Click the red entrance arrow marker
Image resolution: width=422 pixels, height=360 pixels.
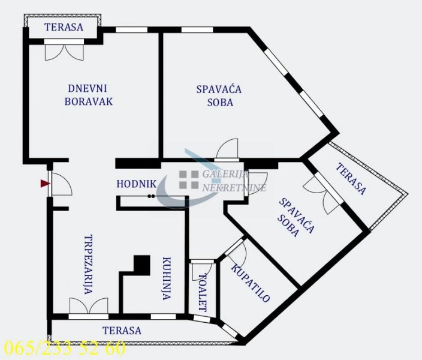tap(45, 184)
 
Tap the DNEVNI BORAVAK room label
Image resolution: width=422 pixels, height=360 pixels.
tap(89, 95)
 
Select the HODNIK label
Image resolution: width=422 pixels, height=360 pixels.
tap(136, 184)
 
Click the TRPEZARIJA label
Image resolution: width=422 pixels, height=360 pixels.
tap(89, 265)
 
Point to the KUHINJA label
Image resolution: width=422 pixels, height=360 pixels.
tap(167, 278)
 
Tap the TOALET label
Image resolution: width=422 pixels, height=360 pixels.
tap(203, 293)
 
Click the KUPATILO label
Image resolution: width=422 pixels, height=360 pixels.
tap(251, 283)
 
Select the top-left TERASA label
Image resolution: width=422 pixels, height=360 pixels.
tap(64, 27)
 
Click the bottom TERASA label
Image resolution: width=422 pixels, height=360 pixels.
tap(122, 331)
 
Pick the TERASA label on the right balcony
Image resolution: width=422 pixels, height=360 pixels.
tap(351, 179)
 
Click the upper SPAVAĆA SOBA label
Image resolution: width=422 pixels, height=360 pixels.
tap(219, 96)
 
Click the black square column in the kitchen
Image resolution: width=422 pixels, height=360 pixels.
tap(142, 265)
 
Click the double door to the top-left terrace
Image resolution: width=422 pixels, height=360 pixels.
tap(64, 50)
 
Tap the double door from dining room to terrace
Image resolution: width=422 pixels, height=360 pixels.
tap(89, 307)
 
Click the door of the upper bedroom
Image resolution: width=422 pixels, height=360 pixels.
tap(227, 149)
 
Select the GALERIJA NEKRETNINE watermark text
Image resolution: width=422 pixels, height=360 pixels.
tap(234, 181)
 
